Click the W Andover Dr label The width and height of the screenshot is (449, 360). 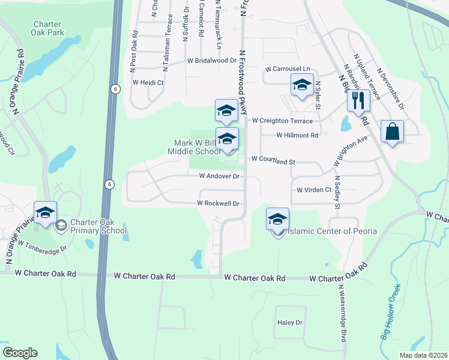coord(219,176)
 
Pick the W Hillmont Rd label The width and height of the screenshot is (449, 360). coord(297,136)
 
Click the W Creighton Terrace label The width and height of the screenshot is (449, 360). coord(282,121)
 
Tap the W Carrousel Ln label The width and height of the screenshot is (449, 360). coord(287,69)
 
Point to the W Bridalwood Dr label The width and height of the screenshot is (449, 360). coord(212,61)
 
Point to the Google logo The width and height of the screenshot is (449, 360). coord(20,353)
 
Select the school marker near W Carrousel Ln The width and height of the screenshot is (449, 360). coord(302,85)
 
